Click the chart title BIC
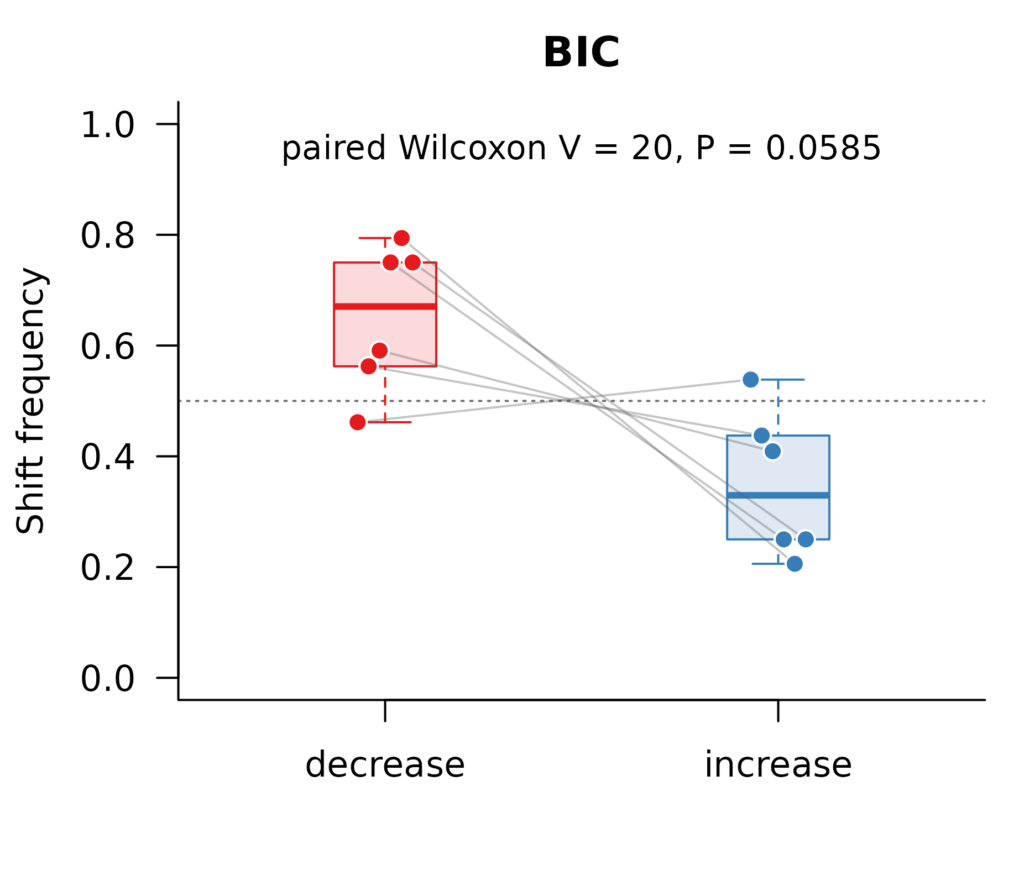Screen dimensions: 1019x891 [x=581, y=53]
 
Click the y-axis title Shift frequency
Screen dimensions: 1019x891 [x=30, y=401]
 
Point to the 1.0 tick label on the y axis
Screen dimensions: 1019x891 [x=108, y=125]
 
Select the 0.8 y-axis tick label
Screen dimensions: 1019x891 [x=108, y=235]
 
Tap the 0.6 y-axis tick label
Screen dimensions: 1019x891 [x=108, y=347]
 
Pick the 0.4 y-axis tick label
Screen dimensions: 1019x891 [x=108, y=457]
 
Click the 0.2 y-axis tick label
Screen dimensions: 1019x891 [x=108, y=568]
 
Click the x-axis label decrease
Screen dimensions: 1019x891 [x=385, y=765]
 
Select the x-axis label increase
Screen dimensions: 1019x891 [x=778, y=765]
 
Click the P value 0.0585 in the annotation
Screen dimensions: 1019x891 [x=823, y=148]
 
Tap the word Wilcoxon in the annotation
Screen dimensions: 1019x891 [x=473, y=148]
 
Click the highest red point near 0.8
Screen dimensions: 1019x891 [x=401, y=238]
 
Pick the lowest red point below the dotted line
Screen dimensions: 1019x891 [x=358, y=422]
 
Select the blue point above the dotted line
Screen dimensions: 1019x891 [x=750, y=380]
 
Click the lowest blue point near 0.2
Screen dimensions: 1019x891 [x=795, y=564]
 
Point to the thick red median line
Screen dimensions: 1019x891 [x=385, y=306]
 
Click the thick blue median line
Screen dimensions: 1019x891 [x=778, y=495]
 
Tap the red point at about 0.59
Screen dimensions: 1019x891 [x=379, y=350]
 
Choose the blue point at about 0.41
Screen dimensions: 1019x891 [x=772, y=452]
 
